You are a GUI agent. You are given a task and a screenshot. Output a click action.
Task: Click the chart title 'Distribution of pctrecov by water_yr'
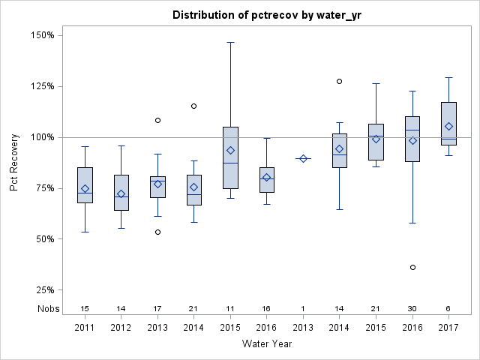tap(267, 16)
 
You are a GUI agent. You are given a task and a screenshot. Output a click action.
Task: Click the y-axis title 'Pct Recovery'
tap(15, 163)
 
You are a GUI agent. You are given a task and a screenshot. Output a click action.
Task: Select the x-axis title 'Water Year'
tap(267, 343)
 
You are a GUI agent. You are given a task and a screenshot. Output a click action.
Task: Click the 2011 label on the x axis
tap(85, 327)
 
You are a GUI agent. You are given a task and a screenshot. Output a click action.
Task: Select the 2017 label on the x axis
tap(448, 327)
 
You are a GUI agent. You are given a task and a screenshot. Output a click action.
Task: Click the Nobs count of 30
tap(412, 308)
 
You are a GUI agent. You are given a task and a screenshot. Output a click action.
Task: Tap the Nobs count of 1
tap(303, 308)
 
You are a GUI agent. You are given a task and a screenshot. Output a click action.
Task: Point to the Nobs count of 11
tap(230, 308)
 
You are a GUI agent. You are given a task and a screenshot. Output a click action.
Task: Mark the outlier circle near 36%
tap(412, 267)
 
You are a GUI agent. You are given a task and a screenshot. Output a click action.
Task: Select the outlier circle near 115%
tap(193, 106)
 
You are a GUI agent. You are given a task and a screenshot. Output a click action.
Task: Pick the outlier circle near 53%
tap(157, 232)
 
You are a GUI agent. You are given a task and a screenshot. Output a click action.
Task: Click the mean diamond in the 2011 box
tap(85, 189)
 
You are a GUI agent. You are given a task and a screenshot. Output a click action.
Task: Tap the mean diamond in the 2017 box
tap(448, 127)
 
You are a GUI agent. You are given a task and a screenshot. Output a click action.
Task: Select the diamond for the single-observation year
tap(303, 158)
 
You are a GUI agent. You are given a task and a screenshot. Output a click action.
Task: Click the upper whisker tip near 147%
tap(230, 42)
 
